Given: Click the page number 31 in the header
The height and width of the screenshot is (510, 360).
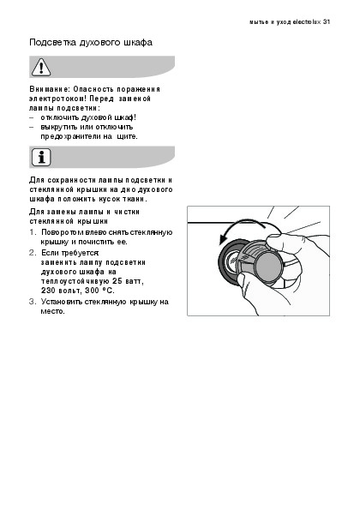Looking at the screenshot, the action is tap(327, 21).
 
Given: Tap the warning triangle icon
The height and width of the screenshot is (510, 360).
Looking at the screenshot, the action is tap(41, 67).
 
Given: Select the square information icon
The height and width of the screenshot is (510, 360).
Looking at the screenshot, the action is tap(41, 158).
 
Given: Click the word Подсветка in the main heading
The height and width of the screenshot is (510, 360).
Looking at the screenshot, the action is tap(52, 42).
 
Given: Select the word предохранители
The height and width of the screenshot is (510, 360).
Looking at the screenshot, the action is tap(70, 136).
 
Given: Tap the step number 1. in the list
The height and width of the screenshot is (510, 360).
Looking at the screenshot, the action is tap(33, 232).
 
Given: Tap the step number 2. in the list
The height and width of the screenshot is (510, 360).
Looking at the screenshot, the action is tap(33, 253).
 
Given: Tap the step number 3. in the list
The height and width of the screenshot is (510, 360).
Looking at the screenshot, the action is tap(33, 302).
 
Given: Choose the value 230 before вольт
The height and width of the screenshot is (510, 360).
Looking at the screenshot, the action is tap(48, 291).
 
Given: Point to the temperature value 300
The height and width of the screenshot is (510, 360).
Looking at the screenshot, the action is tap(92, 291).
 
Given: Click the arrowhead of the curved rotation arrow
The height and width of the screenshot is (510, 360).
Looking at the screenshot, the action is tap(225, 239).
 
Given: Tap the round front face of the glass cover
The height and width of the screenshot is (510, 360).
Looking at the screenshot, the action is tap(268, 267).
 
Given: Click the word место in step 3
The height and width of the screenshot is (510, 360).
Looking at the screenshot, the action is tap(52, 311).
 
